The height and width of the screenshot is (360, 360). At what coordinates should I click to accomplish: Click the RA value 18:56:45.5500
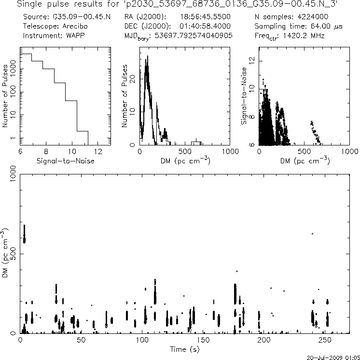(x=205, y=17)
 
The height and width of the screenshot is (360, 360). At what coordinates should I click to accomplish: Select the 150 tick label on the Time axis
(x=204, y=340)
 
